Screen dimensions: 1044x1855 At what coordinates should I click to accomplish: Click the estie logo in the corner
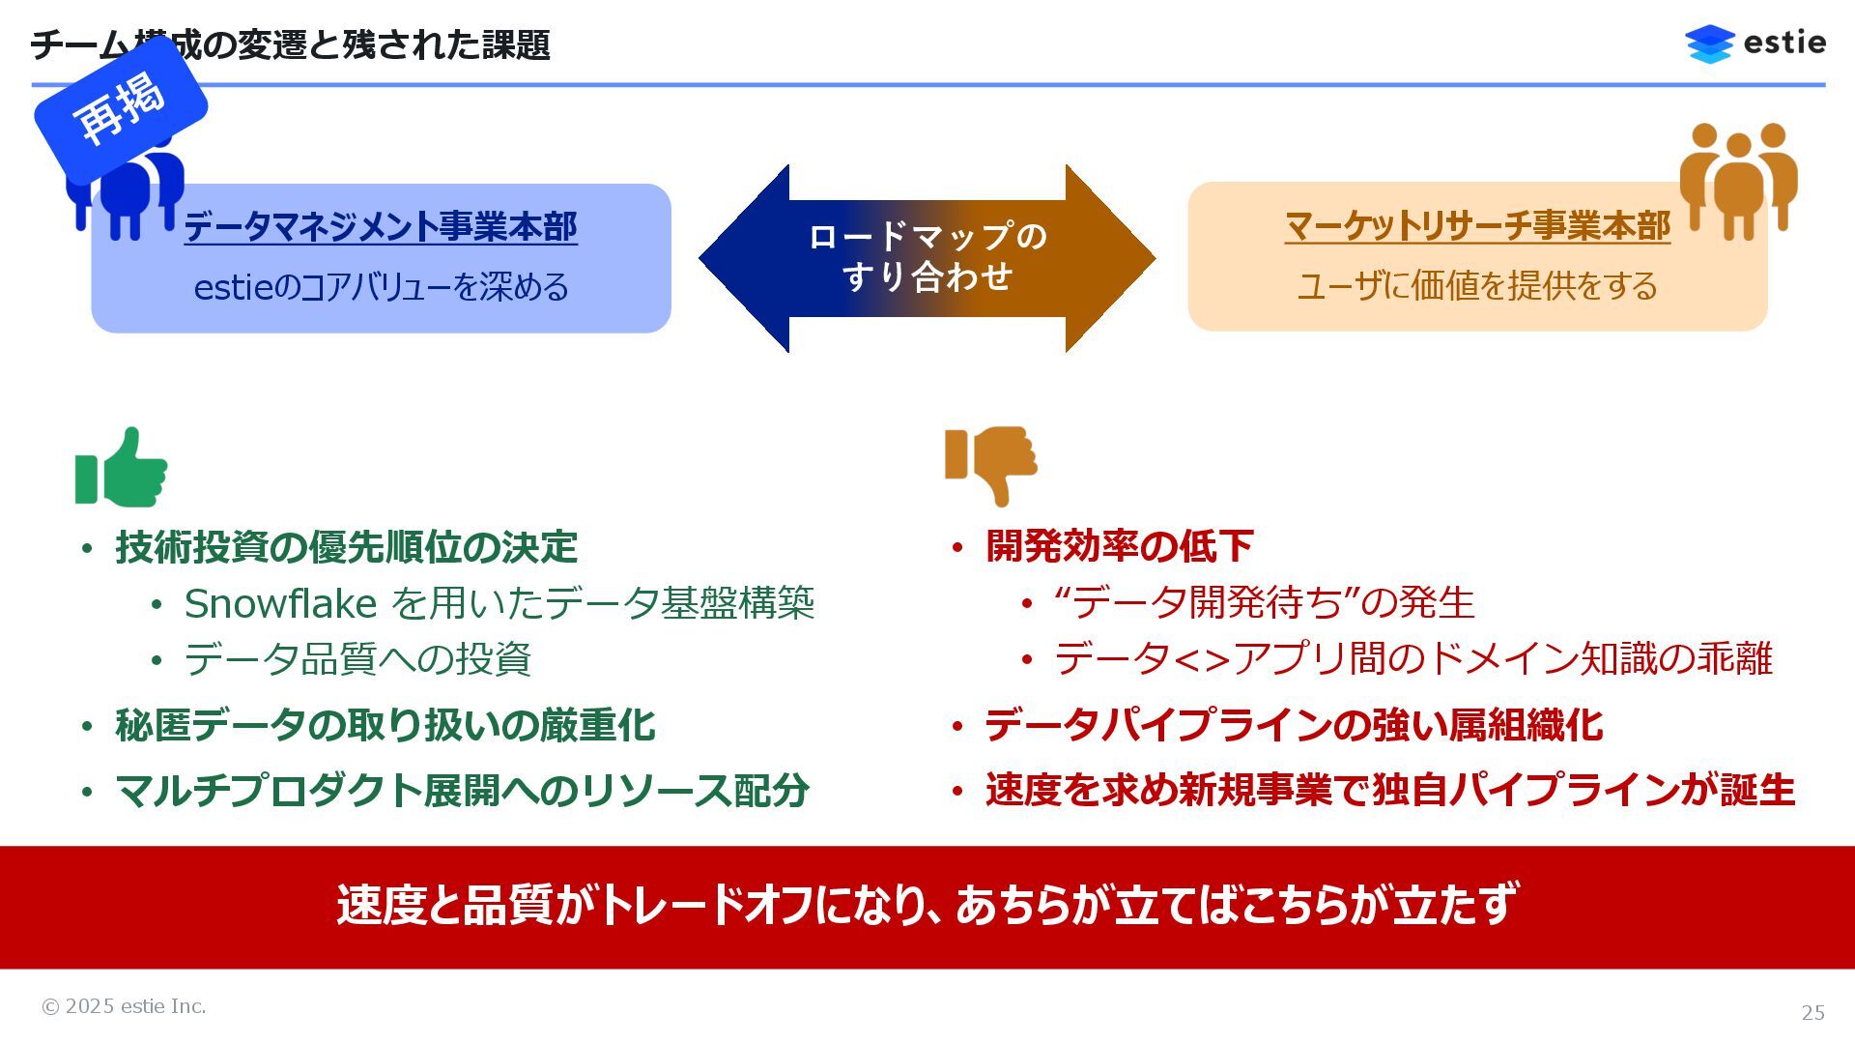[x=1755, y=43]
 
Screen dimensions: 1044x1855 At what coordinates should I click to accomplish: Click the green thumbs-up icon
[x=122, y=469]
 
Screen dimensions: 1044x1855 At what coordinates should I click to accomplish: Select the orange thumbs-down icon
[x=990, y=464]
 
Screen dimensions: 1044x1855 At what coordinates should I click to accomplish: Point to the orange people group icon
[x=1737, y=180]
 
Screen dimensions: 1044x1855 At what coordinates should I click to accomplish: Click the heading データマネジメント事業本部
[x=381, y=227]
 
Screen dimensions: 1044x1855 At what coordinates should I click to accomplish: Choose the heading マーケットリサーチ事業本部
[x=1477, y=226]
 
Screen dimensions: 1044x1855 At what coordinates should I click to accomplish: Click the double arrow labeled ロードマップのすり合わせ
[x=927, y=258]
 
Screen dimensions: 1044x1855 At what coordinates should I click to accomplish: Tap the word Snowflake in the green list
[x=280, y=604]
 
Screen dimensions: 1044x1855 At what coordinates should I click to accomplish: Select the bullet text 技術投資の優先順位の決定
[x=346, y=547]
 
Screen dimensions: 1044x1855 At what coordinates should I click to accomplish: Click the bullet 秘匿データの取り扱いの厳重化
[x=385, y=725]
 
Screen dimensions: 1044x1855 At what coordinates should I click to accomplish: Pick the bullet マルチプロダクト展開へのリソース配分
[x=462, y=791]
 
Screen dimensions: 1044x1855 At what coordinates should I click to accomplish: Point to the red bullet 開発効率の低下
[x=1119, y=546]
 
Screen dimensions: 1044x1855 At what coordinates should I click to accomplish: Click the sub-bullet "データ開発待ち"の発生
[x=1264, y=603]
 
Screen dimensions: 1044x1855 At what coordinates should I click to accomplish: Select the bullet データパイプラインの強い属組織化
[x=1294, y=725]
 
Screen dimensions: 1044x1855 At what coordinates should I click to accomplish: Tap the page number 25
[x=1812, y=1012]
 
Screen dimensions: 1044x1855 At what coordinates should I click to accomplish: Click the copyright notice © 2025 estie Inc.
[x=124, y=1006]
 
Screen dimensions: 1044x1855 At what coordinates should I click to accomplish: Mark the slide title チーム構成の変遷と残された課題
[x=290, y=44]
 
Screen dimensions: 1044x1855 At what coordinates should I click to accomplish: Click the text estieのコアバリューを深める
[x=381, y=287]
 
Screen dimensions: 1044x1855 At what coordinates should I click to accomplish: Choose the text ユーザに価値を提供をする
[x=1477, y=286]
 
